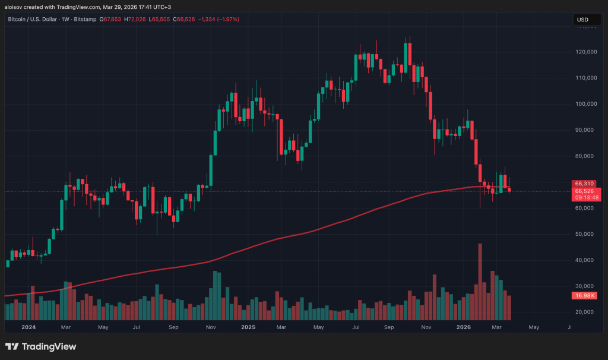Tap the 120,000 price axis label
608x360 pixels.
click(x=587, y=52)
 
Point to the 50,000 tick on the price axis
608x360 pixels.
click(x=587, y=234)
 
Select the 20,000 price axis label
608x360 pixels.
click(x=587, y=312)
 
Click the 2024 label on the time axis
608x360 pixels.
click(x=28, y=327)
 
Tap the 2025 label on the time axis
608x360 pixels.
click(x=248, y=327)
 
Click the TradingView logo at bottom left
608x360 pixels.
click(x=41, y=346)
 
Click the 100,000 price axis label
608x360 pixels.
click(x=587, y=104)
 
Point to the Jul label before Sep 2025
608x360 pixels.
click(x=356, y=327)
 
